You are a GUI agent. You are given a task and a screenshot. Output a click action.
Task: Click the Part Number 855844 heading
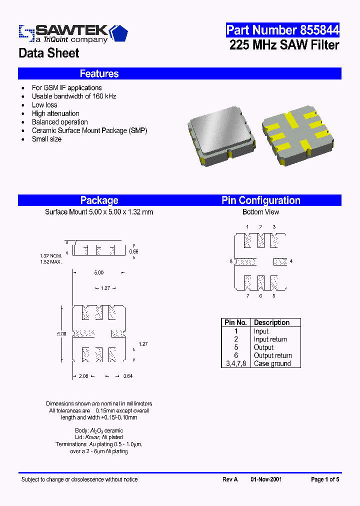pyautogui.click(x=282, y=30)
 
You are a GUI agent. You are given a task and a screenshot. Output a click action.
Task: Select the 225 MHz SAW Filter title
pyautogui.click(x=284, y=45)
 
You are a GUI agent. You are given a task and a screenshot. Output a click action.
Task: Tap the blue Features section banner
pyautogui.click(x=179, y=73)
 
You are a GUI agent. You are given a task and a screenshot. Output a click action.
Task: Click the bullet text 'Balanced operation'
pyautogui.click(x=59, y=122)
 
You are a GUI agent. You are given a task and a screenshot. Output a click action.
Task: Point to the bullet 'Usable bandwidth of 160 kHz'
pyautogui.click(x=73, y=96)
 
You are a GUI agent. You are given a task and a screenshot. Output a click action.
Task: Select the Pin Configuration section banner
pyautogui.click(x=261, y=200)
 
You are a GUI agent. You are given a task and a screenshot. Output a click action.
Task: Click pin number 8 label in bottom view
pyautogui.click(x=231, y=261)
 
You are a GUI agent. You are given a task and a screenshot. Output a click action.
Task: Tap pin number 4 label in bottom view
pyautogui.click(x=291, y=261)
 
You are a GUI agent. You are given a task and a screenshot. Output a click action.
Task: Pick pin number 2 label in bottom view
pyautogui.click(x=260, y=227)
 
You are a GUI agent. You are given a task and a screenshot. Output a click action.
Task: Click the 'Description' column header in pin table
pyautogui.click(x=271, y=322)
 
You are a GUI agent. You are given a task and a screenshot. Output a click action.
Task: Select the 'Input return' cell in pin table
pyautogui.click(x=270, y=339)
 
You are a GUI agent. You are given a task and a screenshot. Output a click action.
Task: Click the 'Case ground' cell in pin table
pyautogui.click(x=272, y=363)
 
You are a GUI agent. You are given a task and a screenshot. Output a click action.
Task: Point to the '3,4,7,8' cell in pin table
pyautogui.click(x=236, y=363)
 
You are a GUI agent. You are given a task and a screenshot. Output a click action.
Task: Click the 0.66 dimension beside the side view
pyautogui.click(x=133, y=251)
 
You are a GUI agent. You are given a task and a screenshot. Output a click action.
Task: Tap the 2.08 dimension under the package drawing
pyautogui.click(x=83, y=375)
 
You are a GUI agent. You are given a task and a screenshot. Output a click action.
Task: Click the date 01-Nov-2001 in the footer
pyautogui.click(x=266, y=479)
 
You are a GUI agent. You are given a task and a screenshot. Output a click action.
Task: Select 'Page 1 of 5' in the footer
pyautogui.click(x=325, y=479)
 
